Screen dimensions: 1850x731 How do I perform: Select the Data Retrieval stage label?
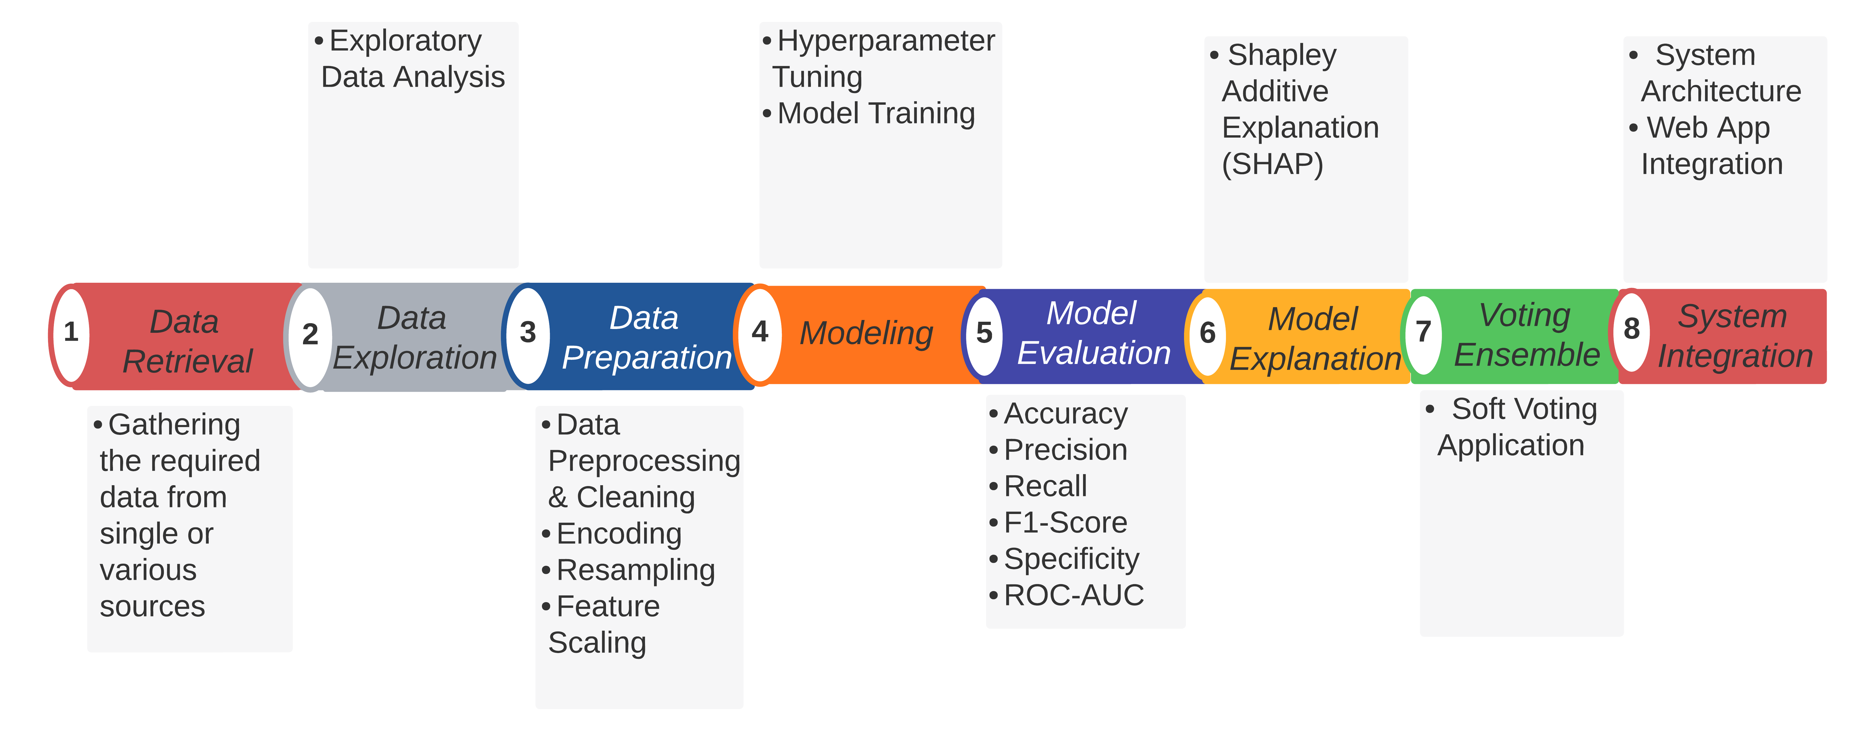(x=187, y=341)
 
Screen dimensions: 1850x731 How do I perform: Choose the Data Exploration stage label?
(x=414, y=337)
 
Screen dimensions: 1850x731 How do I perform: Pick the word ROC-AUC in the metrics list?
(x=1074, y=595)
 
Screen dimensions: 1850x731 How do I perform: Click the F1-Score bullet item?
(x=1065, y=523)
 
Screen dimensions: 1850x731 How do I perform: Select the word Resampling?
(x=636, y=571)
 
